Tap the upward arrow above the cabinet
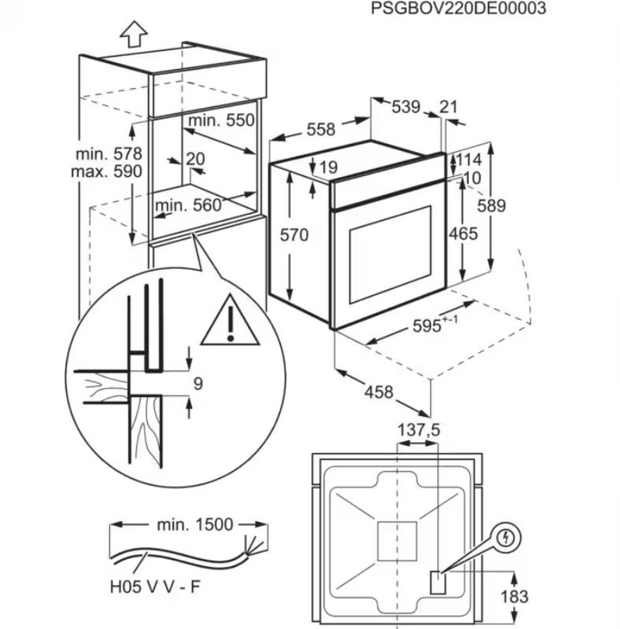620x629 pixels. click(x=135, y=35)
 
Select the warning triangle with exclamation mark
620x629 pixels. click(x=229, y=322)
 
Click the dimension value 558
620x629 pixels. click(x=298, y=128)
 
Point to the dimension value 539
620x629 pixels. click(x=406, y=107)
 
